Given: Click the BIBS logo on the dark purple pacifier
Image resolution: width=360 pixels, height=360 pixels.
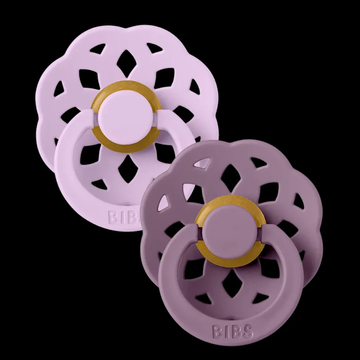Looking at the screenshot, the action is (233, 332).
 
